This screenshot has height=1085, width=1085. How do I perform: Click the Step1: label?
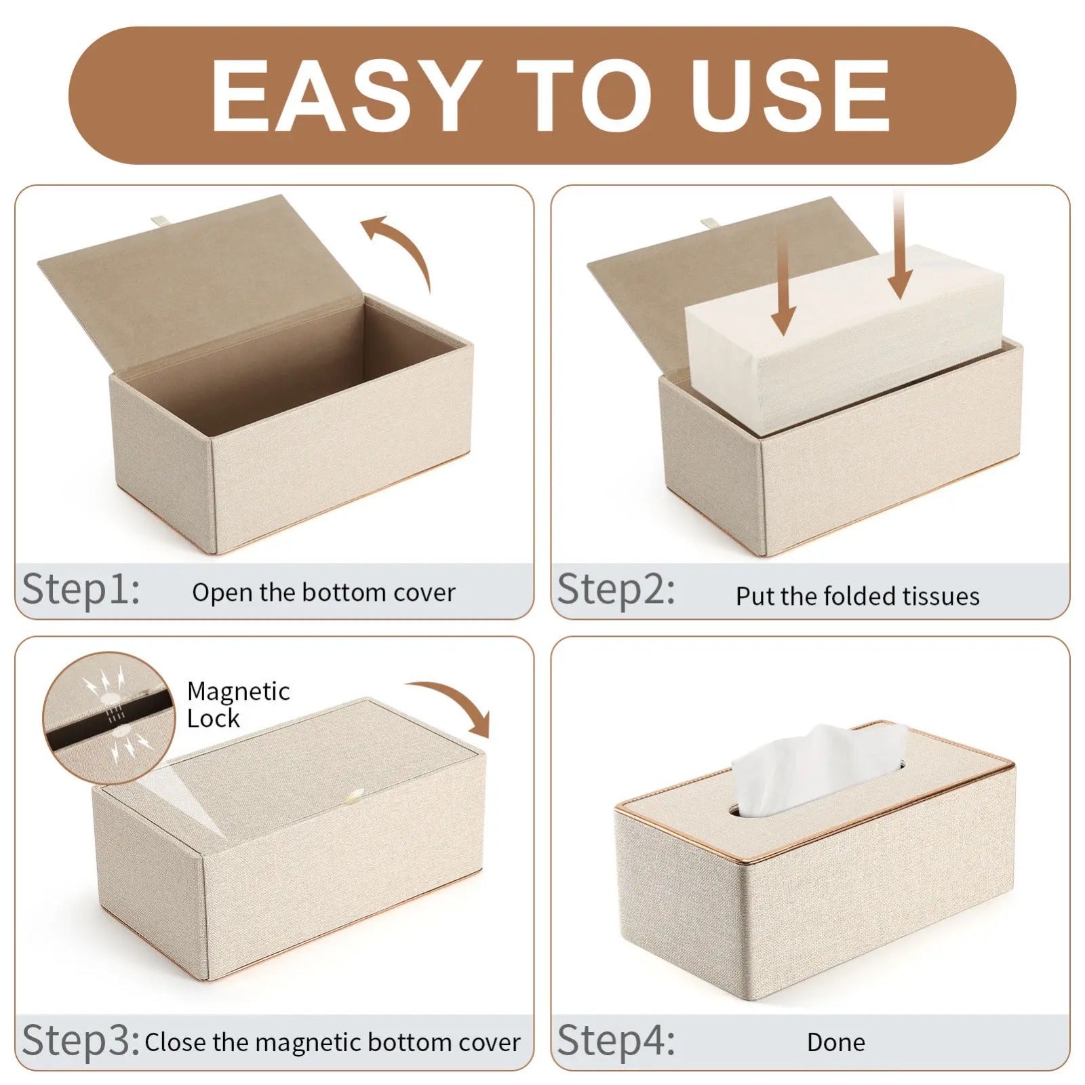(81, 589)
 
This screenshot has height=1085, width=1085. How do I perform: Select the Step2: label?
(616, 589)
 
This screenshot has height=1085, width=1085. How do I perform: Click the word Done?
(835, 1042)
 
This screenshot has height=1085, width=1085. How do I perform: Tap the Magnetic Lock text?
(237, 705)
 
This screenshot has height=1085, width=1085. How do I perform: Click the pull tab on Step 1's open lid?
(157, 220)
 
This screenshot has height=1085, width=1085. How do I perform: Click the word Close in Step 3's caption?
(176, 1042)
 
